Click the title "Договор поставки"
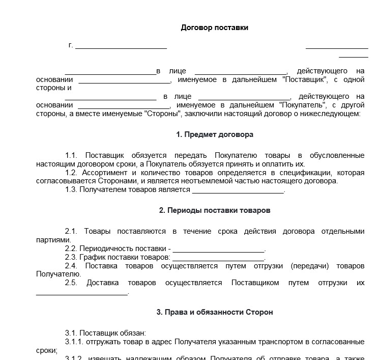tap(214, 27)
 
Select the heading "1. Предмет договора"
tap(214, 134)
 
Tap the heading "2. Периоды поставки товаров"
tap(214, 210)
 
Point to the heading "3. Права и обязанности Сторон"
tap(214, 312)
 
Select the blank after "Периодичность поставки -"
tap(219, 250)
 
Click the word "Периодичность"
tap(105, 248)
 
